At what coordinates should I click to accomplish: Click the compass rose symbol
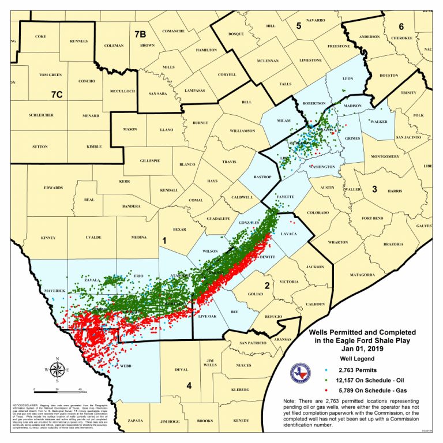pos(57,370)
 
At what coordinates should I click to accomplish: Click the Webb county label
pos(126,366)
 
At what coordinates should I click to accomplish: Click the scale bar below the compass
pos(57,391)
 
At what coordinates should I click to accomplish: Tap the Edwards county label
pos(53,187)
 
